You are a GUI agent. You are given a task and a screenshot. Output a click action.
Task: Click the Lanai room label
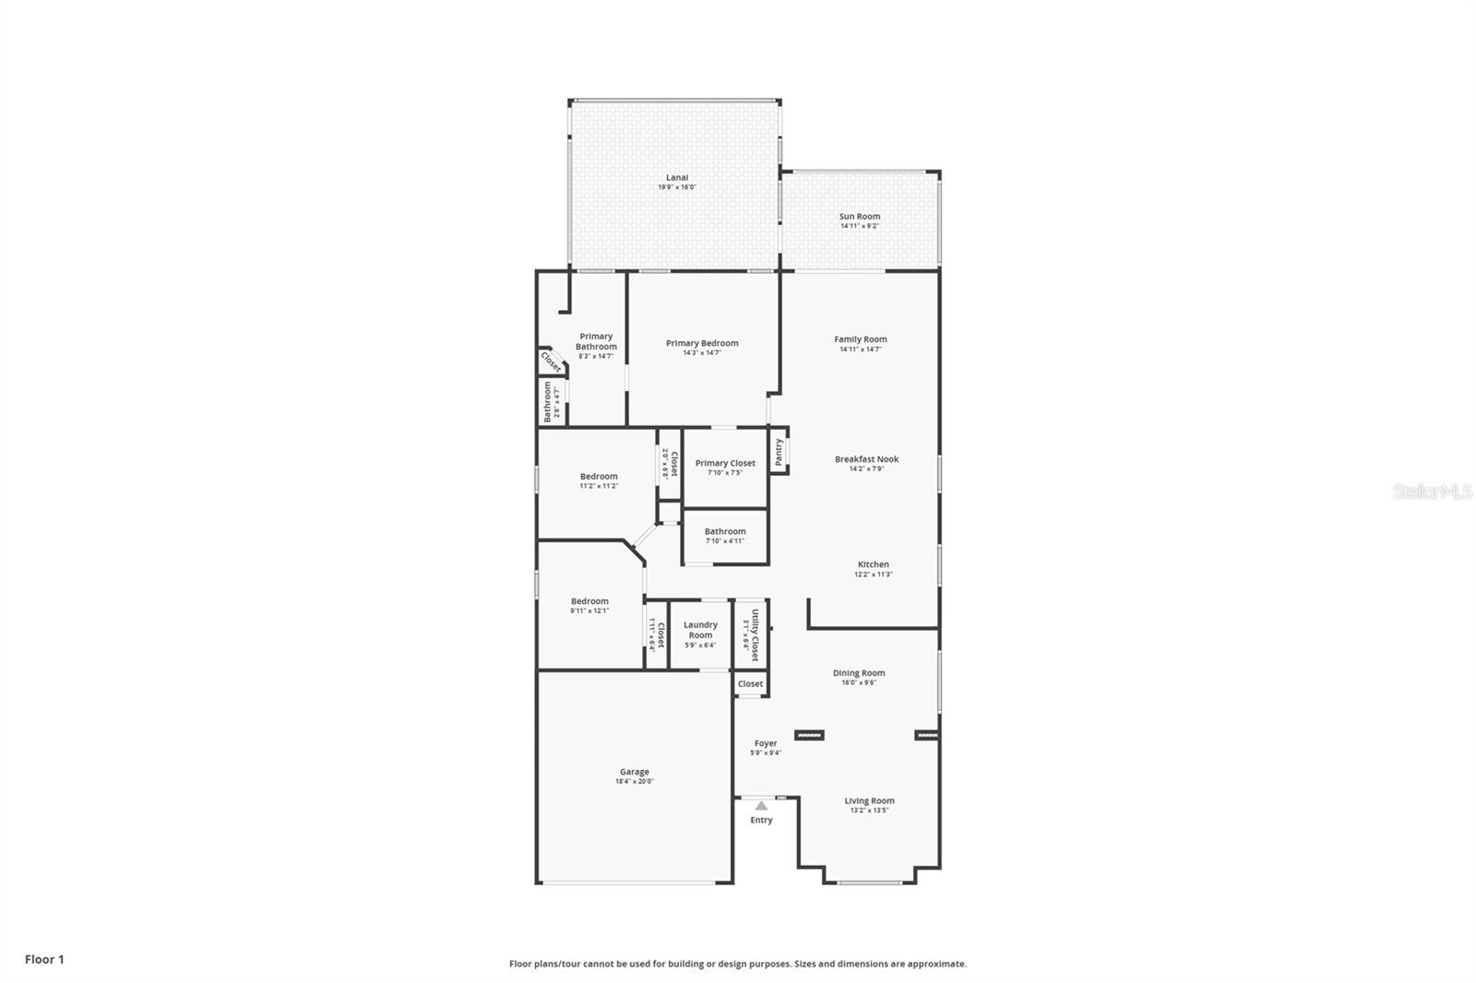677,178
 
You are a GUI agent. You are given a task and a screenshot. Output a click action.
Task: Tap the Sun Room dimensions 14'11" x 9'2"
859,226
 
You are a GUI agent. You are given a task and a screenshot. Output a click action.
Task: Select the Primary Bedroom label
702,343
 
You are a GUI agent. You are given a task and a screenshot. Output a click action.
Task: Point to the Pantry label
779,451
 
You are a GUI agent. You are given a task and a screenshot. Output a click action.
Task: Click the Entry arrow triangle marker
761,806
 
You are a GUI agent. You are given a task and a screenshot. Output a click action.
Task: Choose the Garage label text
635,772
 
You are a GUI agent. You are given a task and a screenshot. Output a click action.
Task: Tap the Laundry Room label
700,630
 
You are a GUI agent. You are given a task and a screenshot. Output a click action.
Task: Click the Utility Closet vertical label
755,634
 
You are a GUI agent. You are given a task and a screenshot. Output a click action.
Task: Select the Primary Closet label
725,463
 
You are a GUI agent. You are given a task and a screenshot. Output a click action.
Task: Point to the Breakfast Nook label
866,459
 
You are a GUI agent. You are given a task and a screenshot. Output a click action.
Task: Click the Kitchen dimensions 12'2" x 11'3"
873,574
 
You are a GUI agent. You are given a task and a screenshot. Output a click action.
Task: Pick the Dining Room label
859,673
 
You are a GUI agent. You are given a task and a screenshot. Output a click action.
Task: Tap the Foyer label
766,743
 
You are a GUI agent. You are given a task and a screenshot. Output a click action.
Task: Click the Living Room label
869,800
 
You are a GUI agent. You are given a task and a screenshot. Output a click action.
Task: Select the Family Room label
861,339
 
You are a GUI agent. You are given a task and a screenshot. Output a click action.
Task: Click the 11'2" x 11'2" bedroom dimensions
599,486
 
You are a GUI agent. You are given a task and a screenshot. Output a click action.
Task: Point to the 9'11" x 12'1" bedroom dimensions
589,610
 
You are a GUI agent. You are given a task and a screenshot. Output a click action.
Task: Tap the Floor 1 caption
44,959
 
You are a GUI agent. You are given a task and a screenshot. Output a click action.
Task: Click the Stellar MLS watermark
1432,491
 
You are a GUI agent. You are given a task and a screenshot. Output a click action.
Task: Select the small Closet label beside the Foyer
750,683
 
